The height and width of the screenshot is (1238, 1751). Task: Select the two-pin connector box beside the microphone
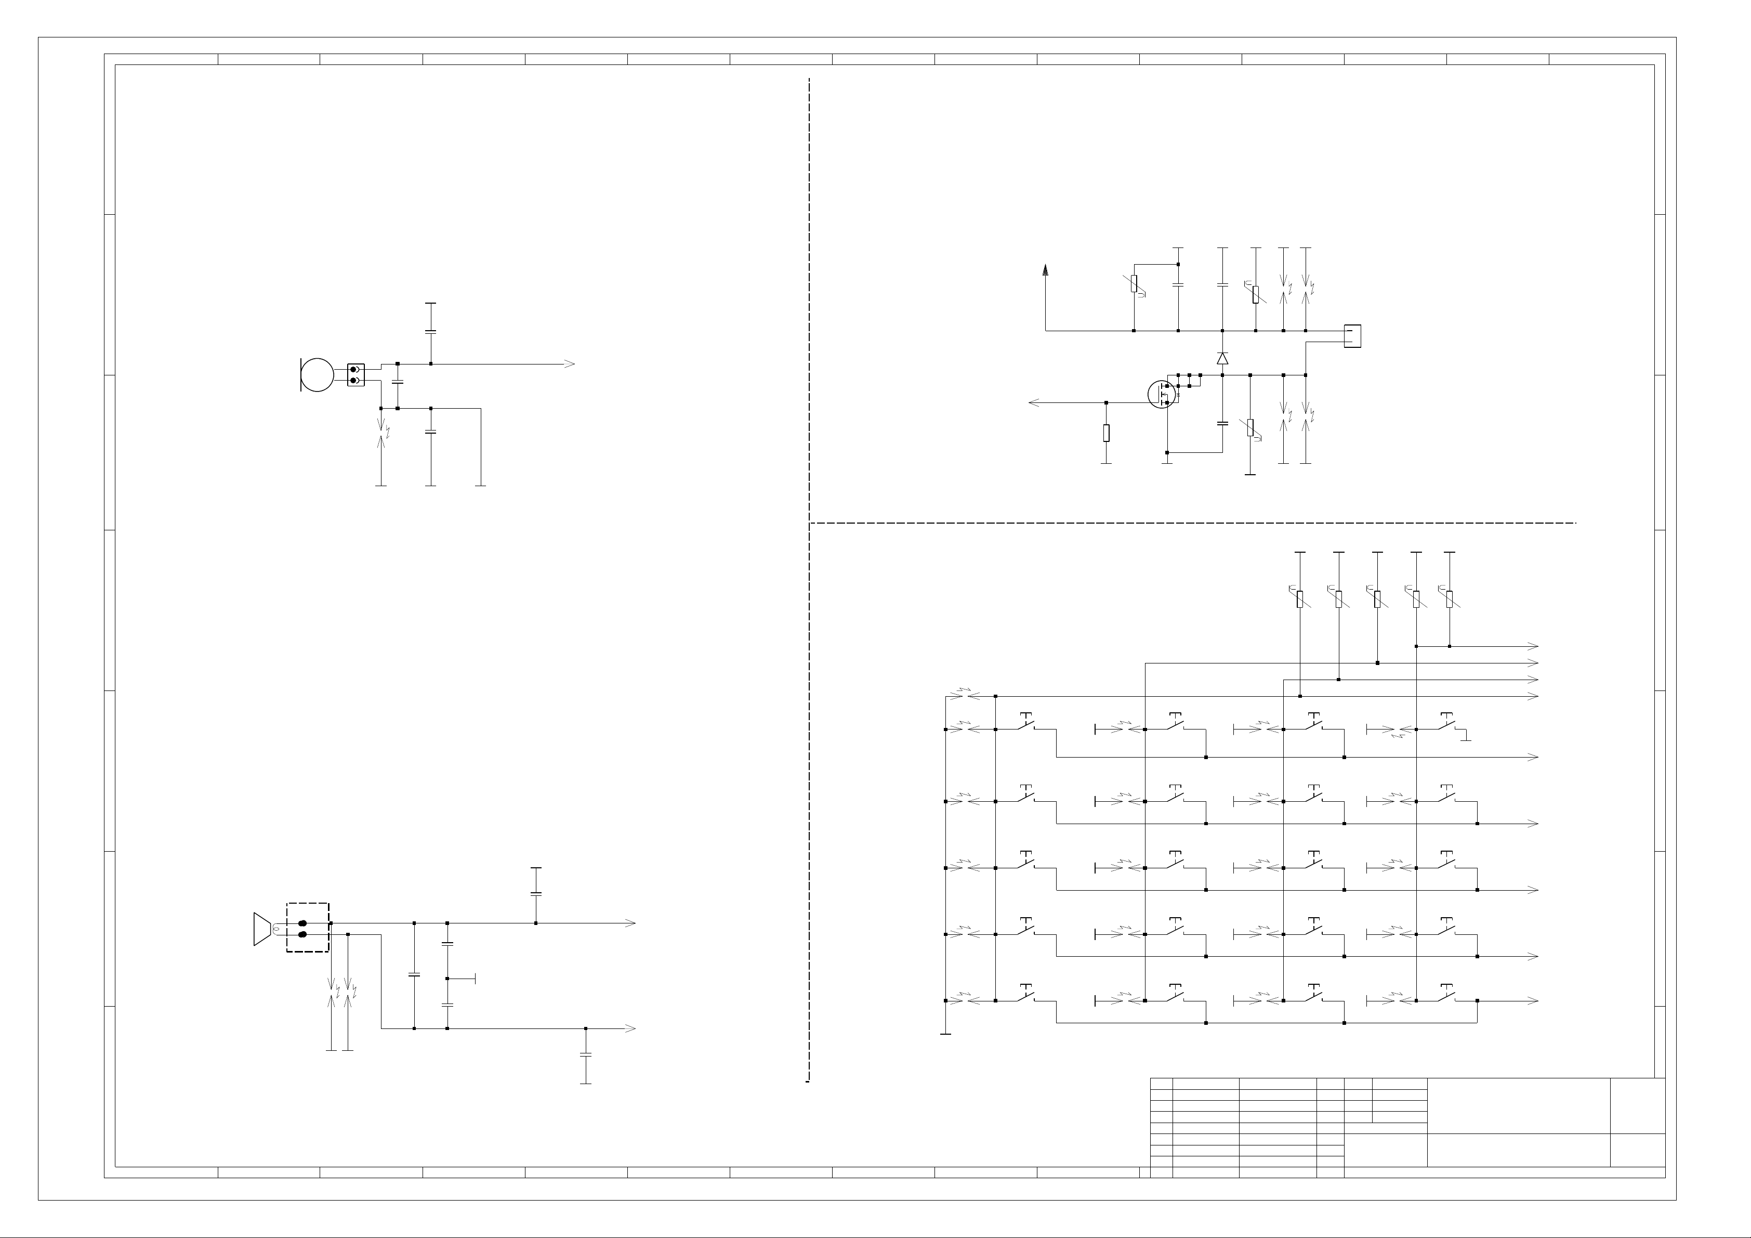tap(356, 374)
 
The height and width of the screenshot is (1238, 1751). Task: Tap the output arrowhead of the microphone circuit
tap(569, 364)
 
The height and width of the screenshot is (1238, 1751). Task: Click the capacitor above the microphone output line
tap(431, 332)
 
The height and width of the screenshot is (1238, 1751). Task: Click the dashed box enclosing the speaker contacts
tap(307, 928)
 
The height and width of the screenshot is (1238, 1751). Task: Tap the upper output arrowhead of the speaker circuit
tap(630, 923)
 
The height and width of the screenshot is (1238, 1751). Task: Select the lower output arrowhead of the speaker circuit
tap(630, 1028)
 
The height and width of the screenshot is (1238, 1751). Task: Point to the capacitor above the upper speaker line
tap(536, 892)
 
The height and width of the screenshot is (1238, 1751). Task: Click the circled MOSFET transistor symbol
tap(1162, 394)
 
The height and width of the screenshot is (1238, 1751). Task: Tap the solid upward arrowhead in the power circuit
tap(1046, 269)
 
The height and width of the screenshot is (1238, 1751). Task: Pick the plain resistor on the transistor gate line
tap(1107, 433)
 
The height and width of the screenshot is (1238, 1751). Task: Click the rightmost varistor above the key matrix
tap(1450, 599)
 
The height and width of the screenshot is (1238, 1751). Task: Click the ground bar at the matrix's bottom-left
tap(945, 1034)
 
